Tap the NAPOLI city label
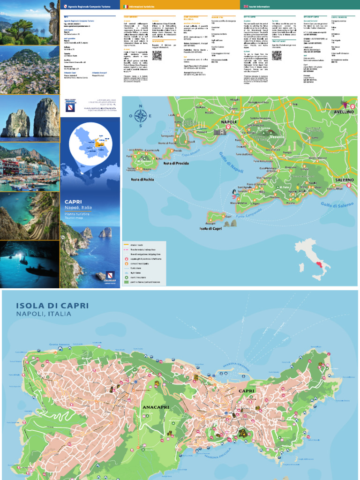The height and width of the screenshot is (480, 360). (x=229, y=122)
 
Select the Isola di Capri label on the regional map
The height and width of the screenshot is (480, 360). (x=210, y=229)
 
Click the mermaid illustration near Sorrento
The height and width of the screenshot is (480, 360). (x=233, y=193)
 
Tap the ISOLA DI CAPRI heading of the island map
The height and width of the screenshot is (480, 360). (x=52, y=306)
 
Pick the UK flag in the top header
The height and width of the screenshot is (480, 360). (x=246, y=6)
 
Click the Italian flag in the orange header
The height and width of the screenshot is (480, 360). (x=125, y=6)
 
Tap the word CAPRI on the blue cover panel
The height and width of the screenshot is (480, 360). (x=74, y=202)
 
